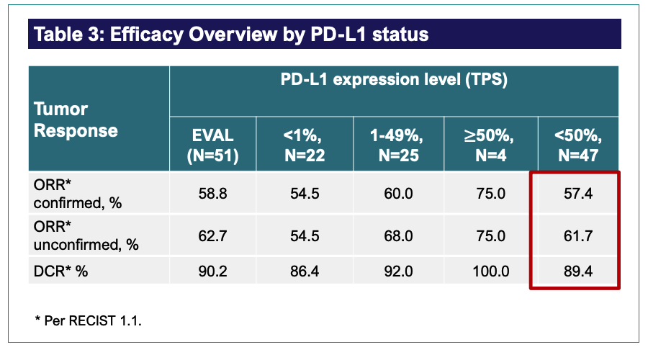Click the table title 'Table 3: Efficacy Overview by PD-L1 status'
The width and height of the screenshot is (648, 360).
(231, 34)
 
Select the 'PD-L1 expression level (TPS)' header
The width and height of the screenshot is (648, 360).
(394, 80)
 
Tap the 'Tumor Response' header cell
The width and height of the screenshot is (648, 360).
(76, 120)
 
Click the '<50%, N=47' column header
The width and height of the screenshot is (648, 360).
(578, 144)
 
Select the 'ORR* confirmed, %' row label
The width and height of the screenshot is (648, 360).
(78, 194)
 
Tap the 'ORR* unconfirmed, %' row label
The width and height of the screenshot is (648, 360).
(86, 235)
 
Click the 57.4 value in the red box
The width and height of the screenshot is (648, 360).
(578, 194)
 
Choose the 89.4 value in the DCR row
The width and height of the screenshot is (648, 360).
(578, 271)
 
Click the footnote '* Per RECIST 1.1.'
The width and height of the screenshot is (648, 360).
(88, 320)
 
